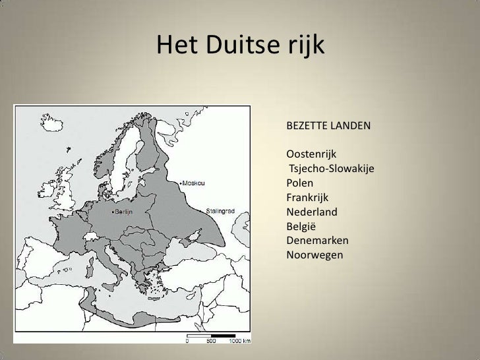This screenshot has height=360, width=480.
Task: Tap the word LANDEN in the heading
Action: (351, 125)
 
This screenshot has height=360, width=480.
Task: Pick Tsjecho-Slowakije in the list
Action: (332, 168)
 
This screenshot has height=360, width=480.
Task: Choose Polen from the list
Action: (300, 183)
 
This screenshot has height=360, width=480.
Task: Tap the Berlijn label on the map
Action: (124, 212)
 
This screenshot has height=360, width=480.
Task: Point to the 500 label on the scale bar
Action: (211, 342)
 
